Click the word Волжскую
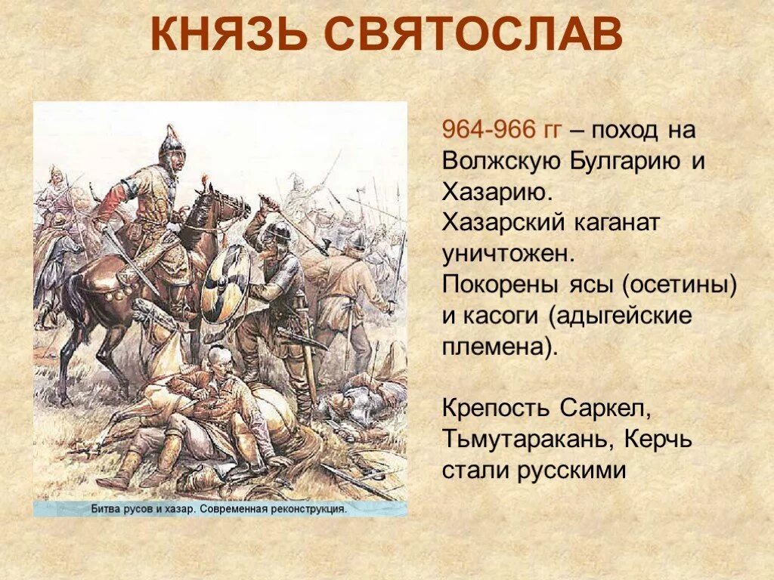click(500, 160)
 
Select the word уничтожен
click(504, 255)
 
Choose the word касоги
click(500, 316)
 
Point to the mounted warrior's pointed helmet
click(172, 140)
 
